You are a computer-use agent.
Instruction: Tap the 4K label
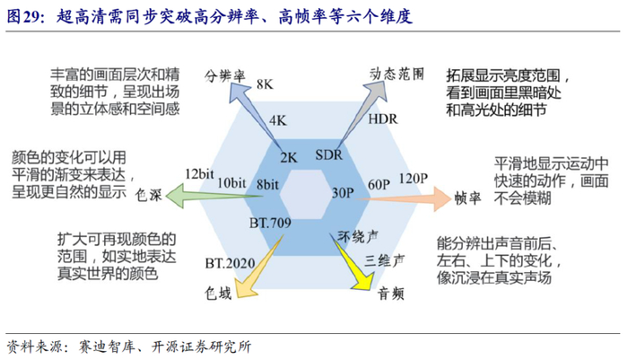tap(277, 119)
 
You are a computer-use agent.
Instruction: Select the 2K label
tap(288, 156)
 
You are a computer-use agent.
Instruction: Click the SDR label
tap(329, 155)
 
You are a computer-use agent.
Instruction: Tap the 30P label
tap(343, 192)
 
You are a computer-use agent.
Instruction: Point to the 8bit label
tap(266, 184)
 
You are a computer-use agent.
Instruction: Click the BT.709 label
tap(268, 223)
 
